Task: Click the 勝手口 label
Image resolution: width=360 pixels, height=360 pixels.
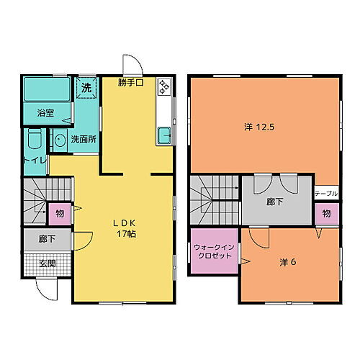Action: point(132,84)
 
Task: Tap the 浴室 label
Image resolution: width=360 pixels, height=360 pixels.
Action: point(45,112)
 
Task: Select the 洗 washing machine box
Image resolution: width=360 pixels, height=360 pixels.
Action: point(86,87)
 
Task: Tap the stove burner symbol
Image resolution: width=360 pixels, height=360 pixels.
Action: point(163,86)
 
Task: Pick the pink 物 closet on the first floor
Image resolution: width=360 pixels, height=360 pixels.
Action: point(59,214)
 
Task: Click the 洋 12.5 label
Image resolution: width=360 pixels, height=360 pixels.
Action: point(259,127)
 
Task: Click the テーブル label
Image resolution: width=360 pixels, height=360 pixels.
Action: point(326,194)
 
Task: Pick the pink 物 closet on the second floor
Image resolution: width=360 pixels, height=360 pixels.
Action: point(326,214)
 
